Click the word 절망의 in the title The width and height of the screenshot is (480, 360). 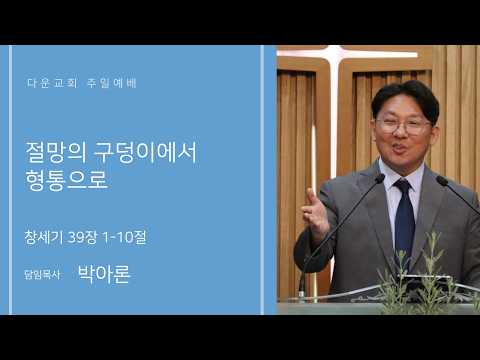point(56,152)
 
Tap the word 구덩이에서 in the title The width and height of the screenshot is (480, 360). point(145,152)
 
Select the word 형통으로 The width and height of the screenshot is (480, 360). point(67,180)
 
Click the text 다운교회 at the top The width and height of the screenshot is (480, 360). point(52,83)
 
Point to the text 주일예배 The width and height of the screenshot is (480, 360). point(112,83)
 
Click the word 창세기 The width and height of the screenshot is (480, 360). point(44,237)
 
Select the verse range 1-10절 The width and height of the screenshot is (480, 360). point(124,237)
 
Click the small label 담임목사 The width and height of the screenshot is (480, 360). point(42,274)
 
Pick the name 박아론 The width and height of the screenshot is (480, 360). point(104,274)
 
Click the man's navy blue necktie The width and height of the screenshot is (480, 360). point(404,220)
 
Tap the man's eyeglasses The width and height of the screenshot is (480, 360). point(403,125)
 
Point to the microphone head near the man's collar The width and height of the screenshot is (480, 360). point(380,179)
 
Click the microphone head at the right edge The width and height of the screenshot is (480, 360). point(442,181)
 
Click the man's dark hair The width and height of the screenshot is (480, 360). point(405,98)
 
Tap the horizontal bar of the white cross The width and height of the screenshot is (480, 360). point(348,53)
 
